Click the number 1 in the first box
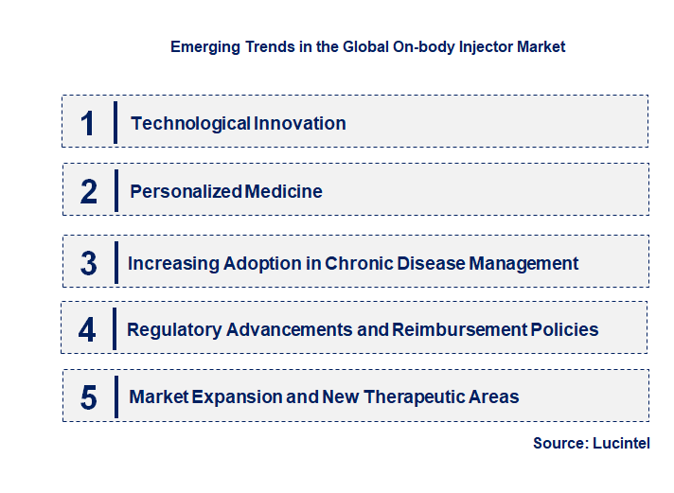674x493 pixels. point(88,123)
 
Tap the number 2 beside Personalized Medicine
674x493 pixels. point(89,192)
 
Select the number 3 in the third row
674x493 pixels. point(89,264)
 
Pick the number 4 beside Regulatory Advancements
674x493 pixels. point(88,330)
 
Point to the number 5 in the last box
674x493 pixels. point(89,397)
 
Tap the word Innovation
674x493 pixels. point(299,123)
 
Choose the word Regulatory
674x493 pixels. point(175,330)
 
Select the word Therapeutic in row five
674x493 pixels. point(413,397)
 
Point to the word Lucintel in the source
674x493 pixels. point(621,443)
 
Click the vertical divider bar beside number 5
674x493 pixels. point(115,396)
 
